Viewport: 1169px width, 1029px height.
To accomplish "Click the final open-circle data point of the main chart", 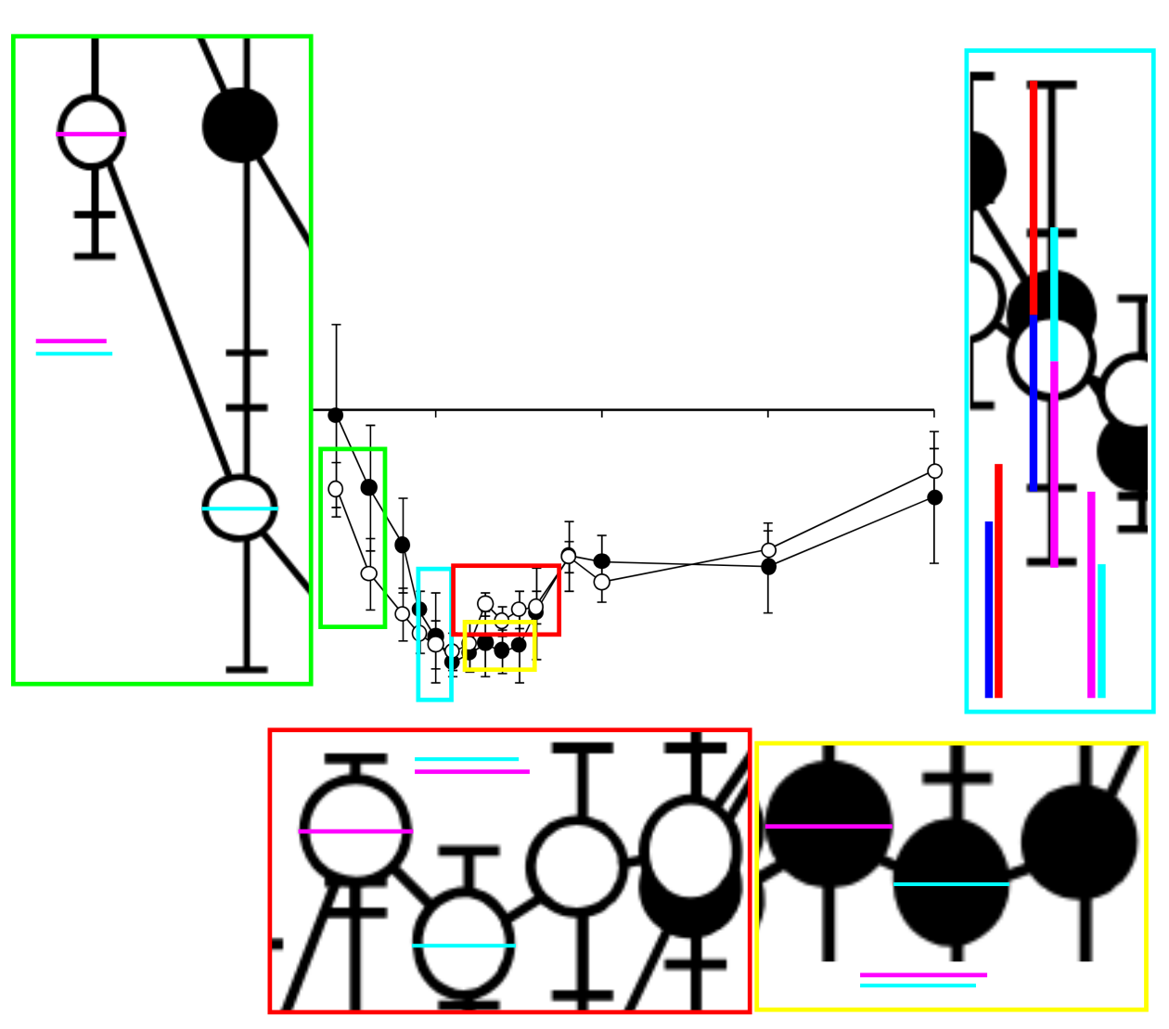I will click(934, 471).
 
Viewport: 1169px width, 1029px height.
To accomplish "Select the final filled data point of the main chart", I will click(934, 497).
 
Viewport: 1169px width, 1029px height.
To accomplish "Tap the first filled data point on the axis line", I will click(336, 415).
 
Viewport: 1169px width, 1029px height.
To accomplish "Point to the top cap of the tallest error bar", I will click(336, 325).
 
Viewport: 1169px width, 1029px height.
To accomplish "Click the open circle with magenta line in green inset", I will click(91, 133).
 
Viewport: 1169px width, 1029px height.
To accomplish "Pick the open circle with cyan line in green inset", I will click(239, 508).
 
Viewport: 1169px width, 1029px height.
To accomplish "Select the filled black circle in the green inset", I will click(239, 125).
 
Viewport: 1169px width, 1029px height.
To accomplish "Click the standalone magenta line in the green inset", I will click(71, 341).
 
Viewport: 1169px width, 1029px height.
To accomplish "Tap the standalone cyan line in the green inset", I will click(74, 354).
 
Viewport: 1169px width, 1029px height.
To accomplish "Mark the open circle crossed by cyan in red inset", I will click(464, 945).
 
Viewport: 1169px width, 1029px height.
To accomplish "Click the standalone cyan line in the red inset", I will click(467, 759).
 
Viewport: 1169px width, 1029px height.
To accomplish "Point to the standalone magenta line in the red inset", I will click(472, 771).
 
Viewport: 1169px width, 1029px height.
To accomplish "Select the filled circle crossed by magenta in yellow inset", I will click(829, 825).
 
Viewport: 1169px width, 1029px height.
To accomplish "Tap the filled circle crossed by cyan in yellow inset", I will click(951, 883).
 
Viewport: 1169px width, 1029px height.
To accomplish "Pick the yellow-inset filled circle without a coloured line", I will click(1079, 842).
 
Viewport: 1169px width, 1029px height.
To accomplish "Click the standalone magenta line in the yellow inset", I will click(923, 974).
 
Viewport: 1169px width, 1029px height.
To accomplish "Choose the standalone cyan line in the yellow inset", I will click(918, 985).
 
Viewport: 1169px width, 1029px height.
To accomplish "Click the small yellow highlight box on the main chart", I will click(500, 646).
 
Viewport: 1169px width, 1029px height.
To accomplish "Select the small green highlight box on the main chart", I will click(353, 538).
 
